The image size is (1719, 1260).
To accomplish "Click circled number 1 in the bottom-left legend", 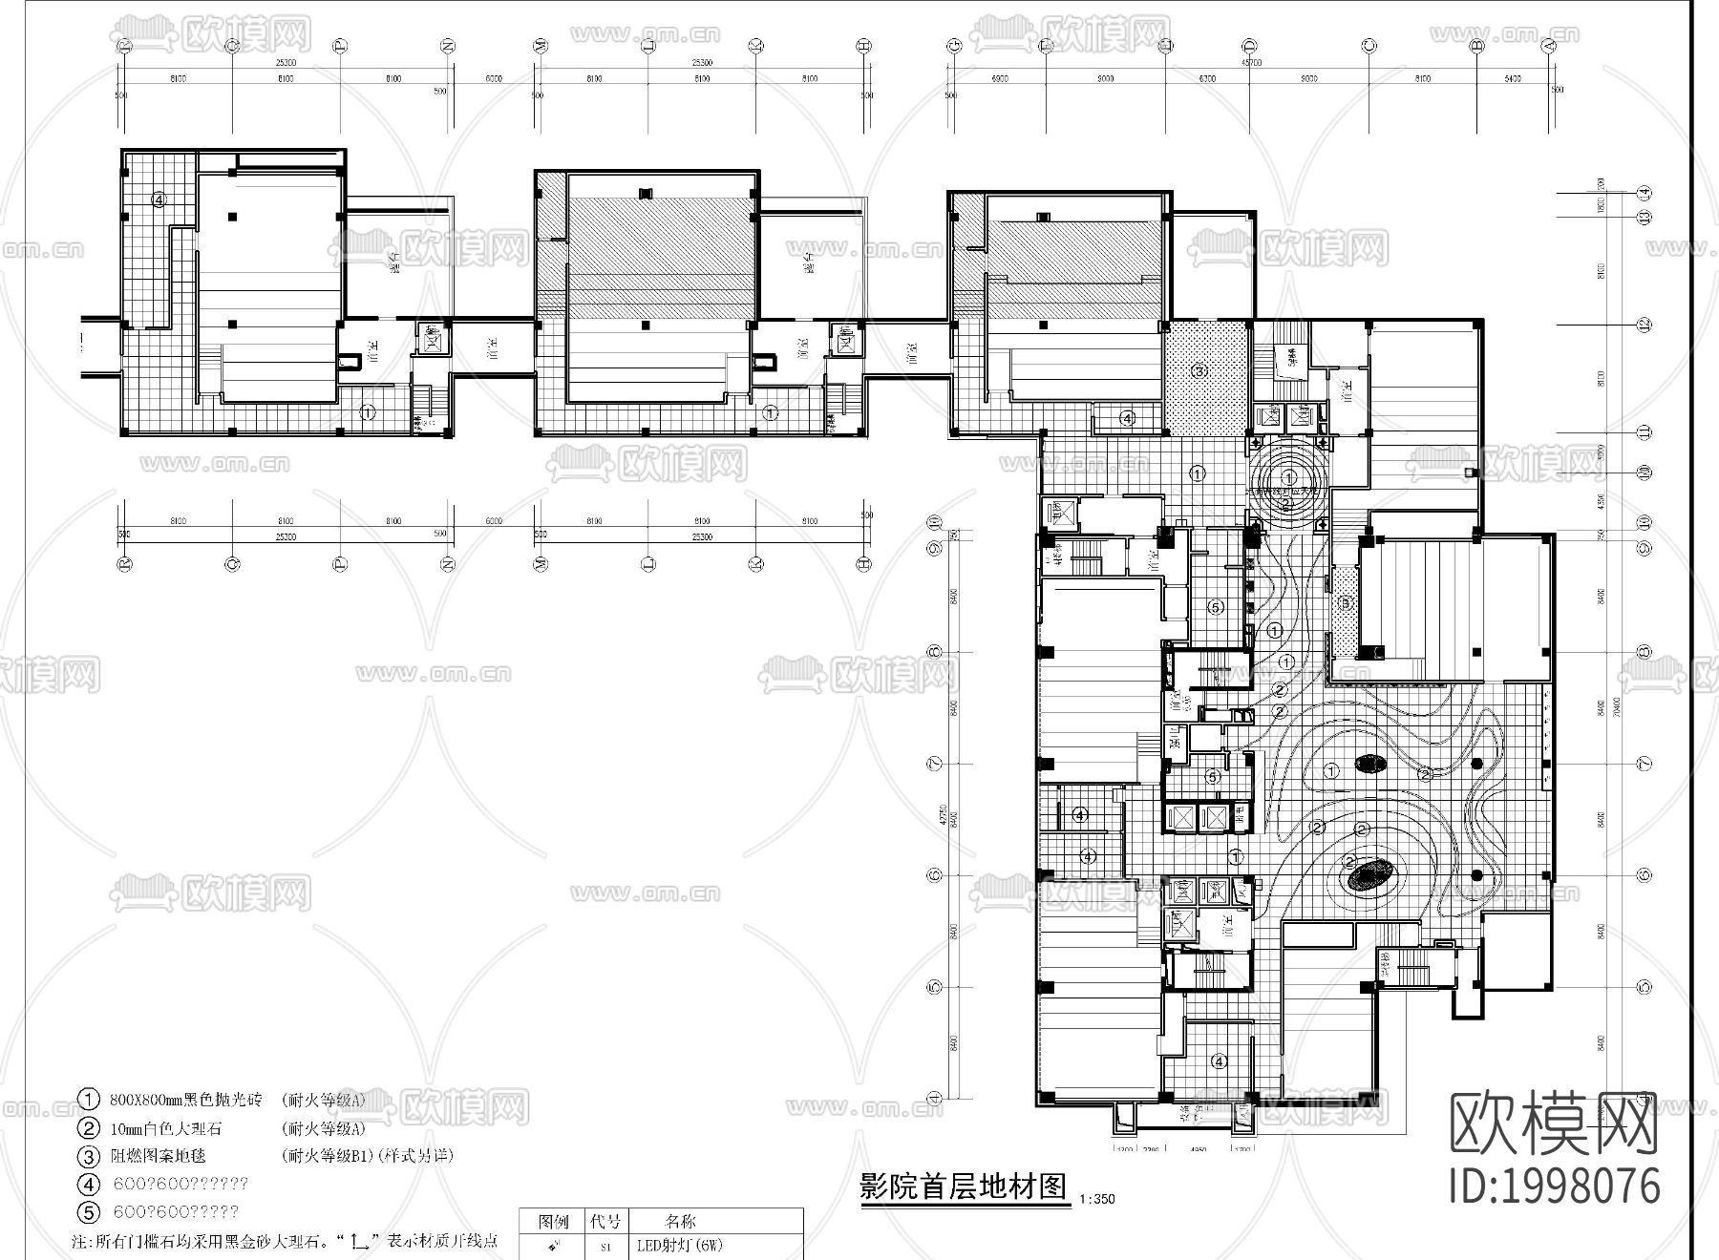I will click(x=88, y=1100).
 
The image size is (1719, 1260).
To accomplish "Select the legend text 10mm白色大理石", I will click(x=166, y=1127).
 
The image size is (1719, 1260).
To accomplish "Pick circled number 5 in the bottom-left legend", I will click(x=88, y=1212).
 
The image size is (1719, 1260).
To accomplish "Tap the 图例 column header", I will click(x=554, y=1221).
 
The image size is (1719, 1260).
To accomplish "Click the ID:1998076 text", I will click(x=1555, y=1186).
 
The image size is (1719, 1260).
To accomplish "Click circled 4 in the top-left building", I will click(x=159, y=199).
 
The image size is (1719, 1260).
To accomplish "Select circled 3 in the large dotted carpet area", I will click(x=1200, y=370).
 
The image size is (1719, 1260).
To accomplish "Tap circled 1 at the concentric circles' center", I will click(x=1288, y=477).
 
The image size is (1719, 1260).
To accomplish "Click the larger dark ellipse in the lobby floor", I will click(x=1372, y=874).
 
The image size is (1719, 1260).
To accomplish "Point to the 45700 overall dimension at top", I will click(x=1250, y=62).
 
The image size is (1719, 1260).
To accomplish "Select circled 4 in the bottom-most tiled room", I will click(x=1219, y=1061).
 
